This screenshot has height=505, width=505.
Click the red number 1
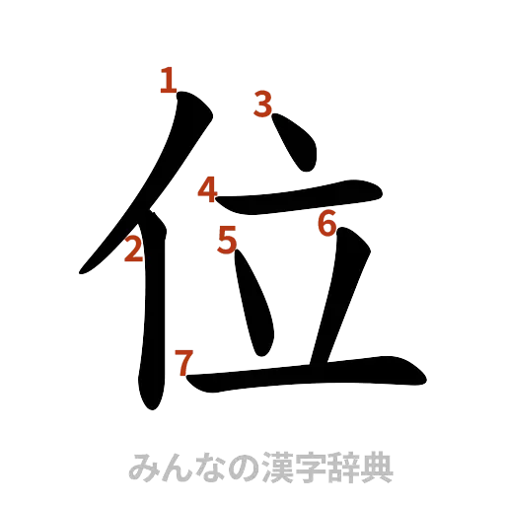[169, 79]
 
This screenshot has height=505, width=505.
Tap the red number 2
[133, 252]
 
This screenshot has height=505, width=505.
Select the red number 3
[262, 102]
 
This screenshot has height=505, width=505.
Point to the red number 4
[207, 188]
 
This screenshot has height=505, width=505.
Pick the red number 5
[228, 239]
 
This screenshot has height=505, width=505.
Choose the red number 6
[327, 223]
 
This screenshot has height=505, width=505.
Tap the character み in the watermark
[143, 467]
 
